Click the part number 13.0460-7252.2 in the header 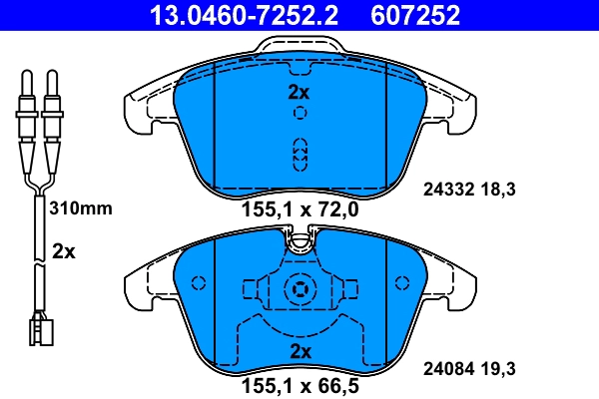(244, 15)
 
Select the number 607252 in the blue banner (415, 15)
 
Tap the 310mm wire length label (81, 208)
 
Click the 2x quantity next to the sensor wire (64, 251)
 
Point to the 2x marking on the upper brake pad (299, 92)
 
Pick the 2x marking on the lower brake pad (301, 351)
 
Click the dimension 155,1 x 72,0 (300, 209)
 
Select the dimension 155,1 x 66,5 (300, 386)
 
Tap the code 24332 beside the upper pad (448, 190)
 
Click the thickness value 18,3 (498, 190)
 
